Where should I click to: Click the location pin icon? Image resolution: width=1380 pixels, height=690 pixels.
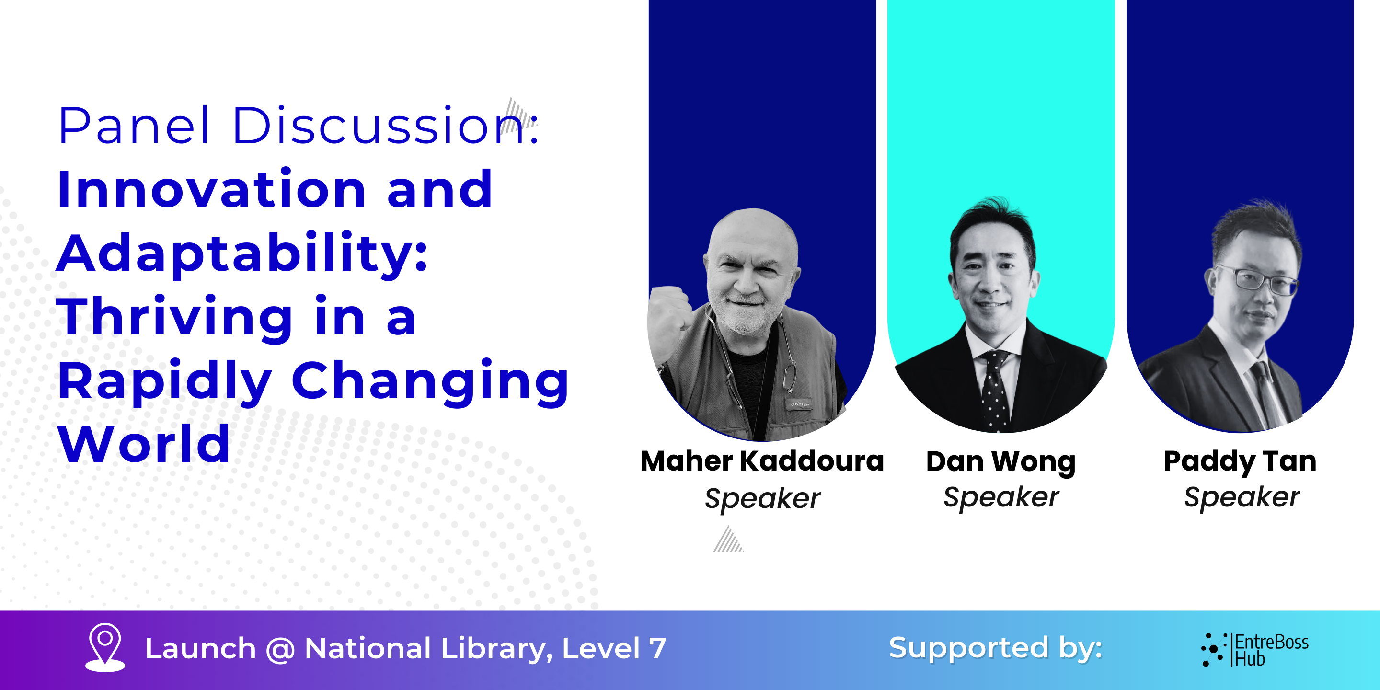pyautogui.click(x=105, y=647)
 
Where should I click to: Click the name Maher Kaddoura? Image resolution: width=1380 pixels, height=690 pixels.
pyautogui.click(x=762, y=461)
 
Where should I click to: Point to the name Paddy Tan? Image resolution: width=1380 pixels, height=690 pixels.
pyautogui.click(x=1240, y=462)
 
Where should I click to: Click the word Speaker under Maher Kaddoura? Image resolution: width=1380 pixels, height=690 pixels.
pyautogui.click(x=762, y=499)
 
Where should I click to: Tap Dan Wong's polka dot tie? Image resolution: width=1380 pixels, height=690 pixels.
pyautogui.click(x=995, y=391)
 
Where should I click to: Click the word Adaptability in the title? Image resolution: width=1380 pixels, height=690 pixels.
pyautogui.click(x=241, y=254)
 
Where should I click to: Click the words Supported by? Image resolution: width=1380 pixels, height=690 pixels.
pyautogui.click(x=995, y=649)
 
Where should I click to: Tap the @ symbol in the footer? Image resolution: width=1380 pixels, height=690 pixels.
pyautogui.click(x=280, y=649)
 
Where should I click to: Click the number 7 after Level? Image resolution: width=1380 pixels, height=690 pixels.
pyautogui.click(x=657, y=649)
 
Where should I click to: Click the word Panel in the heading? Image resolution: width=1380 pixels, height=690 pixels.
pyautogui.click(x=133, y=126)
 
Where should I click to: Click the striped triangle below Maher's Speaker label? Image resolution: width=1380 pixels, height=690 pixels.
pyautogui.click(x=728, y=540)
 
